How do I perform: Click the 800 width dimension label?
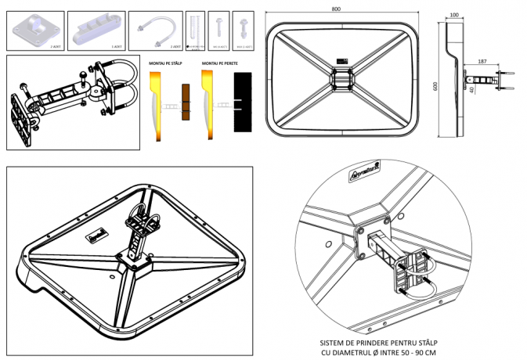(x=336, y=9)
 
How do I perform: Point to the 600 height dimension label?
(x=435, y=87)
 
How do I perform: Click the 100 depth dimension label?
(x=454, y=15)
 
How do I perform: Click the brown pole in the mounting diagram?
(x=186, y=103)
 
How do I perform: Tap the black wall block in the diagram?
(x=243, y=103)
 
